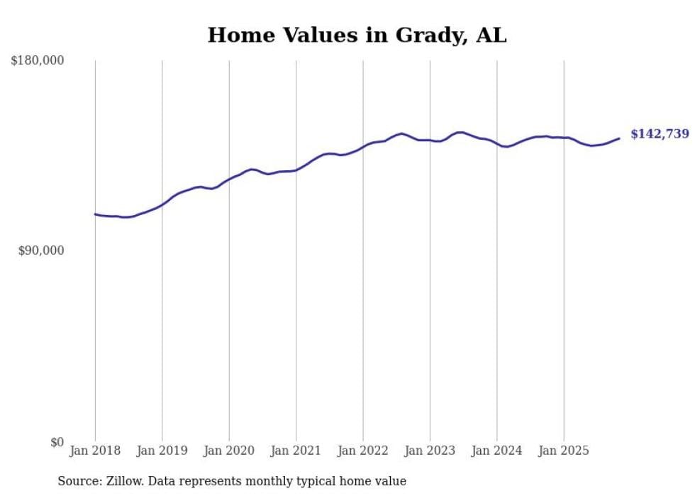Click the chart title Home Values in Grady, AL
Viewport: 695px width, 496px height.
coord(357,35)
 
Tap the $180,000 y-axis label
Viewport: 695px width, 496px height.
coord(38,61)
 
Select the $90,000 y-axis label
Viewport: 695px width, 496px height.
coord(40,251)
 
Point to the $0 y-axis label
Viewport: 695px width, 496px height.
coord(57,442)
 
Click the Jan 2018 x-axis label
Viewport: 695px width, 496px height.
coord(95,451)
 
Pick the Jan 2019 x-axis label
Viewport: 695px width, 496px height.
coord(162,451)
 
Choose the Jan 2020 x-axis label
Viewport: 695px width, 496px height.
coord(229,451)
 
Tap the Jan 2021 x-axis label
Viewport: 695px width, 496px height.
coord(296,451)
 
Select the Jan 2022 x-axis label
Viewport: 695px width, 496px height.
coord(363,451)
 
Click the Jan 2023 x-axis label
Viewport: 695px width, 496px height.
coord(430,451)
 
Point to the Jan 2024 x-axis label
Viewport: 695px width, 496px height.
coord(497,451)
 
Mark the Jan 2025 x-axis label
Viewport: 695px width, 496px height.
coord(564,451)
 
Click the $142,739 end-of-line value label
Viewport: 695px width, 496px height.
coord(660,134)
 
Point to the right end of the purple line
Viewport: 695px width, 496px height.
coord(619,138)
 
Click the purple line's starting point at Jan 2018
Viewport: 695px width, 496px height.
coord(96,214)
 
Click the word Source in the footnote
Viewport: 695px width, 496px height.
coord(76,481)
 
